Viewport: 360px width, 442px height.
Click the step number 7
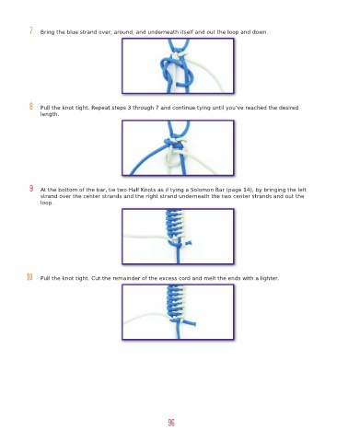(x=31, y=30)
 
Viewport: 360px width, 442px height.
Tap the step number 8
(x=31, y=106)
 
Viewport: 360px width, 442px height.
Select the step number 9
(x=31, y=189)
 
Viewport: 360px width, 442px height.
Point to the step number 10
(x=29, y=277)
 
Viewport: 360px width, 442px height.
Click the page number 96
(x=171, y=423)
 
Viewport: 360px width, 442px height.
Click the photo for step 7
(x=178, y=65)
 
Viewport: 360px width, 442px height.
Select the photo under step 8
(x=178, y=148)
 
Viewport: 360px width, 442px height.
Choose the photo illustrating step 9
(x=178, y=237)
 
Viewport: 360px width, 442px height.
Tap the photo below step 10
(x=178, y=312)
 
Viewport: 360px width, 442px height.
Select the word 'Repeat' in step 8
(x=100, y=108)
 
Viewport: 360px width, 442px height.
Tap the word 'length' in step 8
(x=49, y=114)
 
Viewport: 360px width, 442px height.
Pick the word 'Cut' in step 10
(x=96, y=278)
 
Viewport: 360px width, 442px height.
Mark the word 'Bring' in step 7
(x=47, y=32)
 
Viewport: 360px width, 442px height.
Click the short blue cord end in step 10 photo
(x=190, y=322)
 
